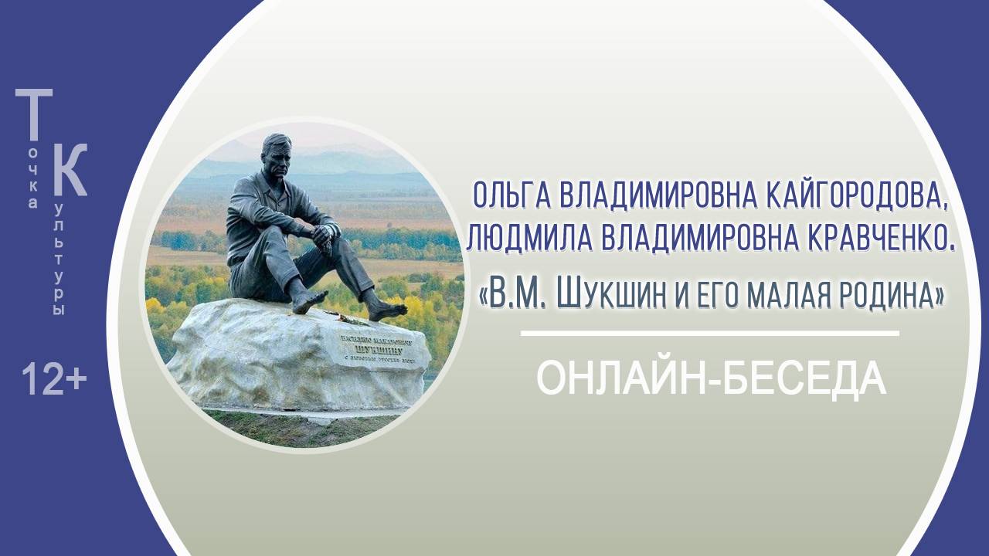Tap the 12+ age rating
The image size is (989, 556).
coord(53,380)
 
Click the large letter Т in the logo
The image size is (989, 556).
coord(34,116)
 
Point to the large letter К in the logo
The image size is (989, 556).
coord(69,170)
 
